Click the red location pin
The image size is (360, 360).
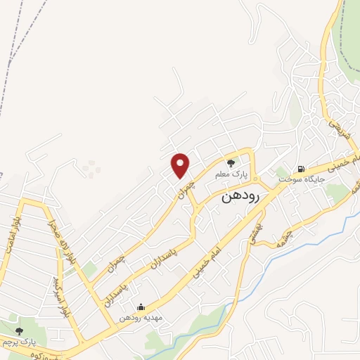(x=181, y=165)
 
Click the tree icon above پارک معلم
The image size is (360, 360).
(x=231, y=163)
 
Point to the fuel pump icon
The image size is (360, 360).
(x=301, y=169)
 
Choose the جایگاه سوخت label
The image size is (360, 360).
(x=299, y=179)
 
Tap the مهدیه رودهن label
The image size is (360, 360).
(x=141, y=317)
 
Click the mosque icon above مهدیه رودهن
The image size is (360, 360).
(x=141, y=307)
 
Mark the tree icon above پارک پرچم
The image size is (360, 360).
(x=19, y=331)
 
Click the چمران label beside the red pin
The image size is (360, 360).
(x=185, y=188)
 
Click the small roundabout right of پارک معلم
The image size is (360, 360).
(x=255, y=175)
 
